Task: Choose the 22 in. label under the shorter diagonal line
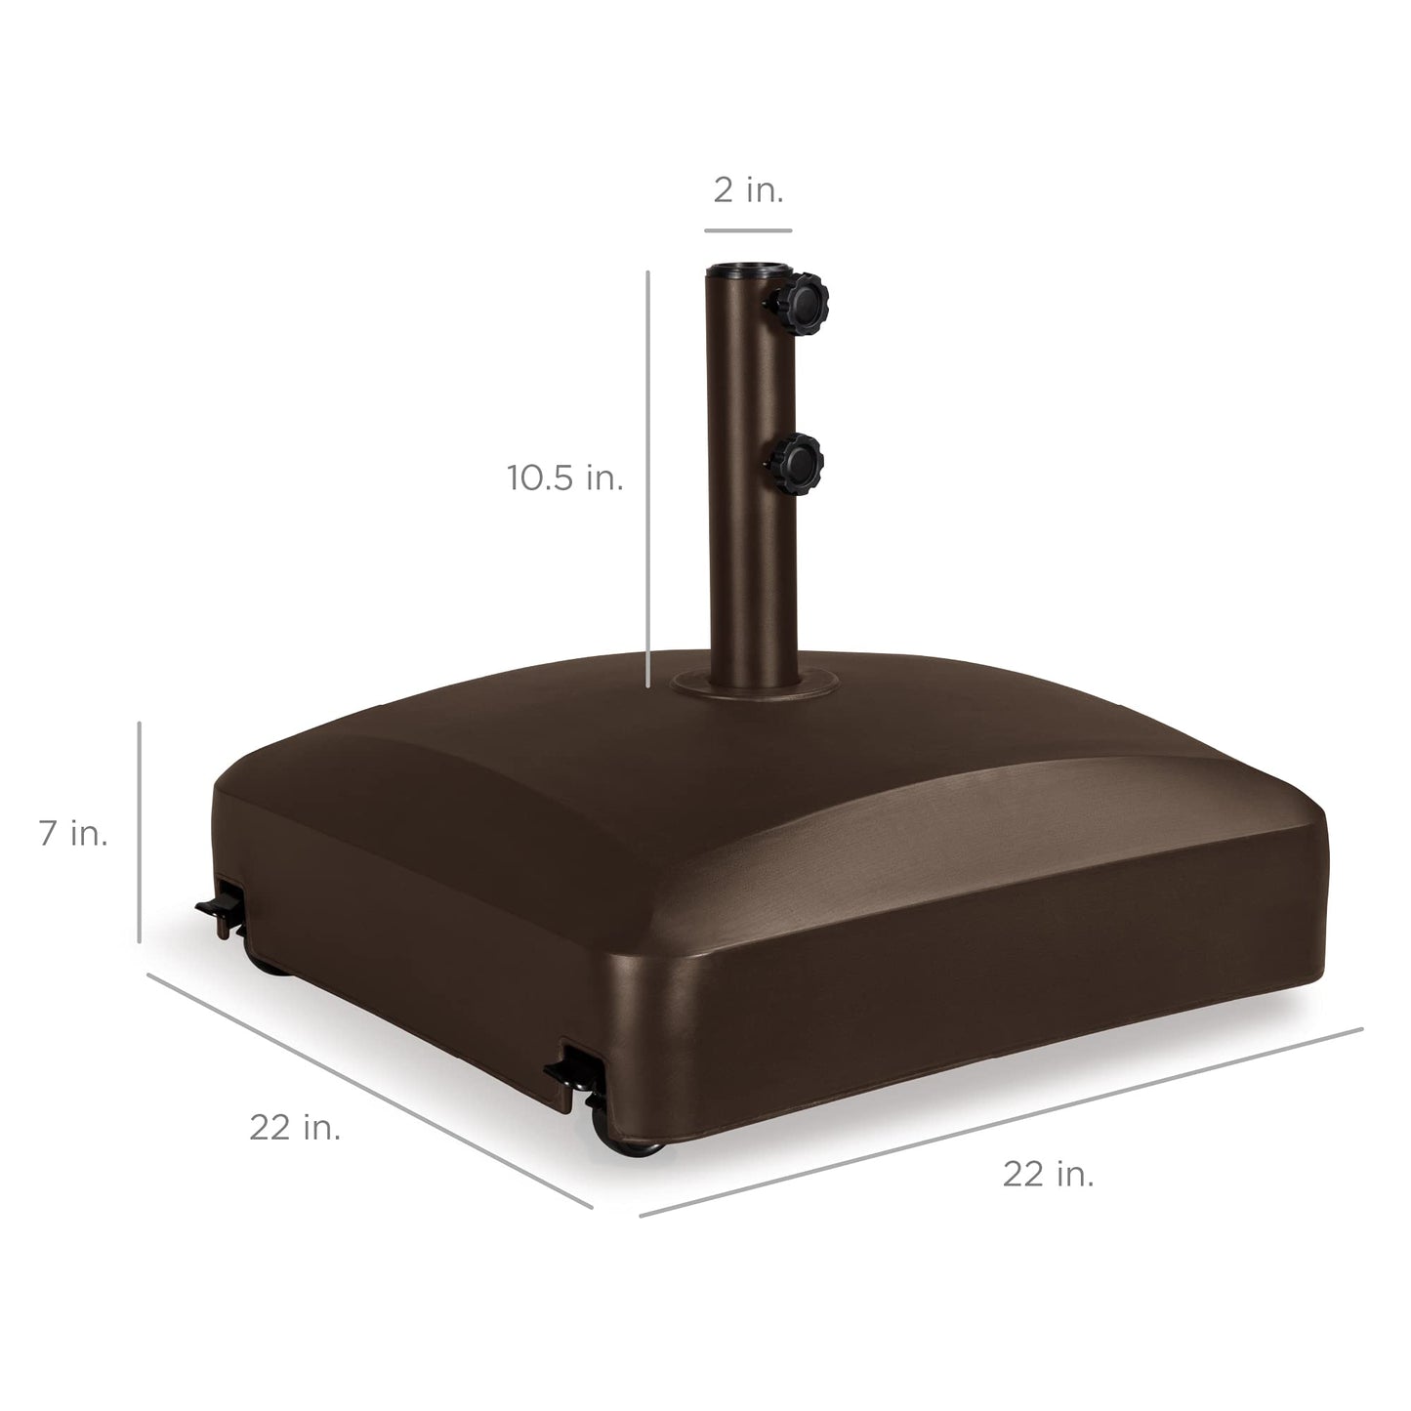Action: pyautogui.click(x=295, y=1127)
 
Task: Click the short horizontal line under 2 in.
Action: pyautogui.click(x=748, y=231)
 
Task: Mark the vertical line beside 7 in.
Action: pyautogui.click(x=140, y=832)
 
